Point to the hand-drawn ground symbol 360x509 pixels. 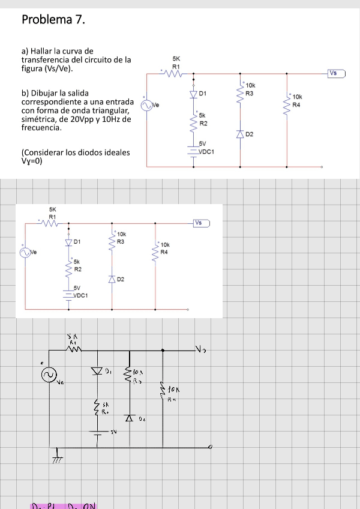58,458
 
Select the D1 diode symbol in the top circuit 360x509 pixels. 193,94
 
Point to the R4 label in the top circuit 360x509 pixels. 296,104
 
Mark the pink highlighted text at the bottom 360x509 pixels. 64,505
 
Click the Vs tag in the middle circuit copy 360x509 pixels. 202,223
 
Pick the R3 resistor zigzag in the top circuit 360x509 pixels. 240,94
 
